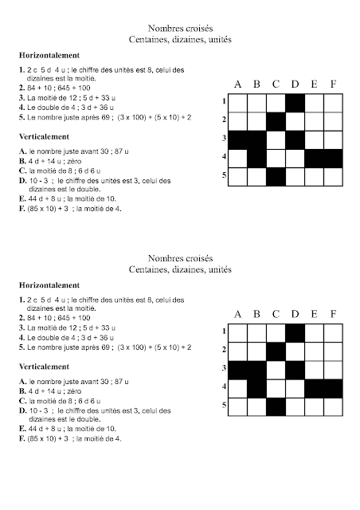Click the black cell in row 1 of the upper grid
click(x=295, y=103)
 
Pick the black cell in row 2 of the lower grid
click(x=276, y=349)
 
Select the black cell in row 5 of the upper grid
click(x=276, y=175)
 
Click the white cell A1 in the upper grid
click(x=237, y=103)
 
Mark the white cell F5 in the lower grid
click(x=332, y=404)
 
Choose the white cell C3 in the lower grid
click(x=276, y=367)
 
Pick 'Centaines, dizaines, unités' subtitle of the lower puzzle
click(x=179, y=269)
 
